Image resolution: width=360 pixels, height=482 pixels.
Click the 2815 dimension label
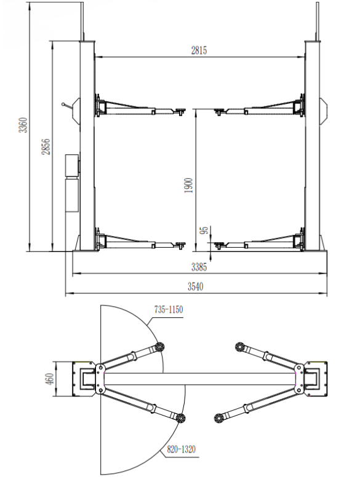click(x=199, y=50)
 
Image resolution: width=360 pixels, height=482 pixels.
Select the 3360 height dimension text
click(x=23, y=125)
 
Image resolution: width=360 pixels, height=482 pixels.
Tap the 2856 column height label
click(x=46, y=146)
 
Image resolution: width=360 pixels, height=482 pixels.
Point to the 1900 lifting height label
click(x=188, y=186)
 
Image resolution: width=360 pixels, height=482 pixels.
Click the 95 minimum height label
click(x=204, y=230)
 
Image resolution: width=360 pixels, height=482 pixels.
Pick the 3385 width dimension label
click(x=199, y=267)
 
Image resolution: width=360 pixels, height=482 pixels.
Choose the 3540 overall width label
click(x=196, y=286)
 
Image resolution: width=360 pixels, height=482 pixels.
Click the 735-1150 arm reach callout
click(x=169, y=309)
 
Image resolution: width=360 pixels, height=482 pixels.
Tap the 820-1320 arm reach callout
click(x=181, y=449)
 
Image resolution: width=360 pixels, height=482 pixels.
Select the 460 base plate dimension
click(x=49, y=379)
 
